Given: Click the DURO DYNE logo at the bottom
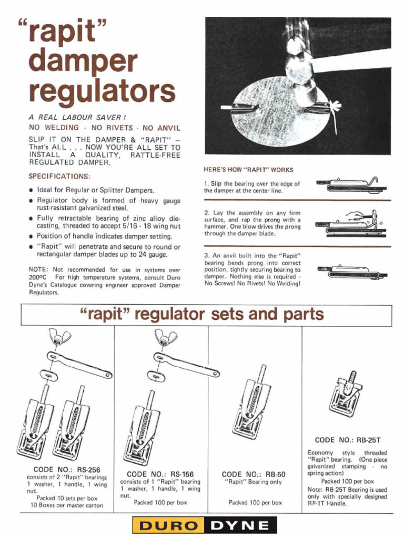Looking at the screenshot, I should (x=204, y=525).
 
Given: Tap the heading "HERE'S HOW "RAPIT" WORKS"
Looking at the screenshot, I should (x=248, y=170).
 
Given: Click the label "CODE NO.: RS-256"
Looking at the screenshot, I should (x=67, y=469).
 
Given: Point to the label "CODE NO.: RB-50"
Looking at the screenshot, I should (x=254, y=474).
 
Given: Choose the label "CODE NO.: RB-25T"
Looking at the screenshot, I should (x=348, y=440).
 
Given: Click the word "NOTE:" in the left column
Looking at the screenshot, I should (x=38, y=270).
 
